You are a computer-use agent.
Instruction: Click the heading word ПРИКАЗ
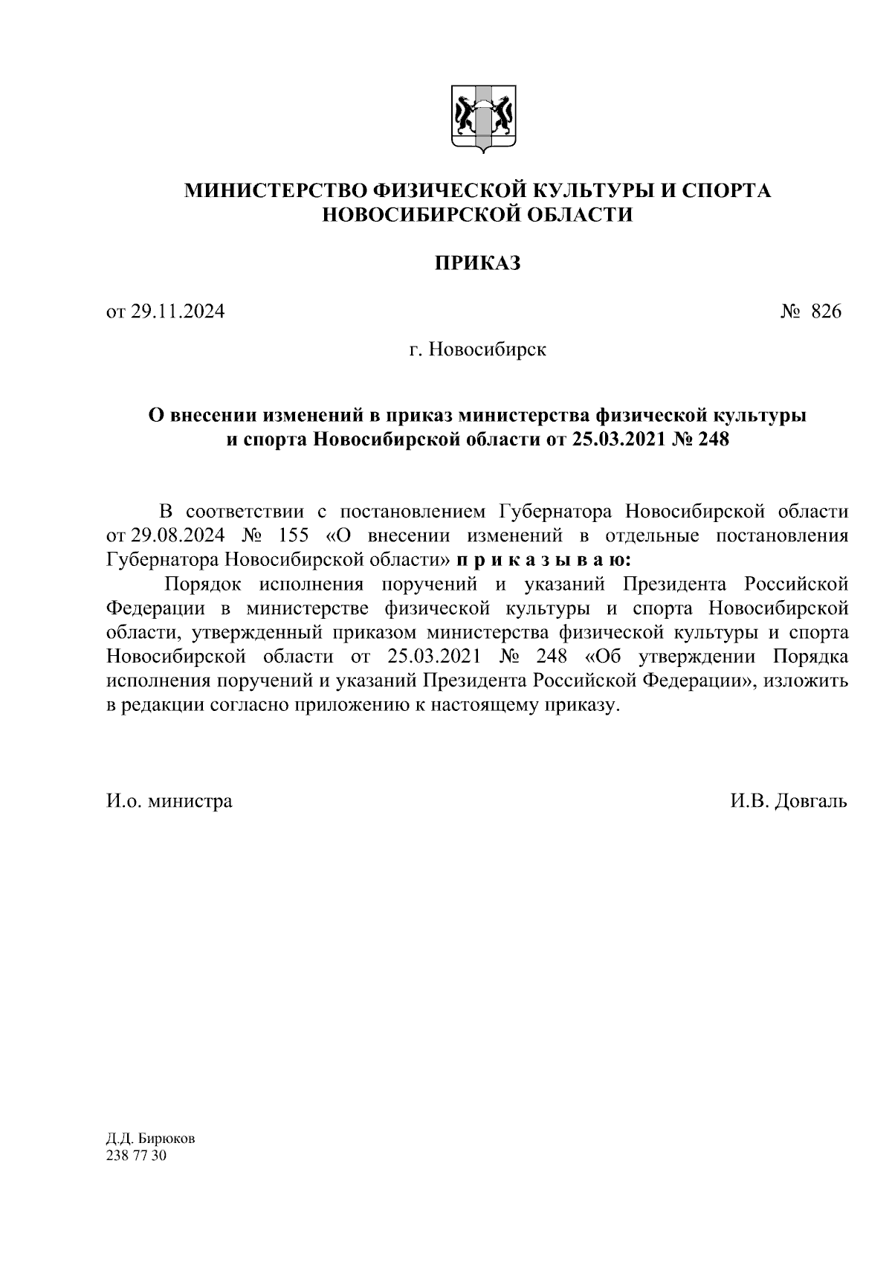tap(477, 263)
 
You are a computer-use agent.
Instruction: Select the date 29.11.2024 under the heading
tap(177, 312)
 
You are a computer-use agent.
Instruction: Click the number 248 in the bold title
tap(712, 440)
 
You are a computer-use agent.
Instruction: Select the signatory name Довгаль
tap(810, 801)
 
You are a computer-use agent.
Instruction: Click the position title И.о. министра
tap(169, 801)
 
